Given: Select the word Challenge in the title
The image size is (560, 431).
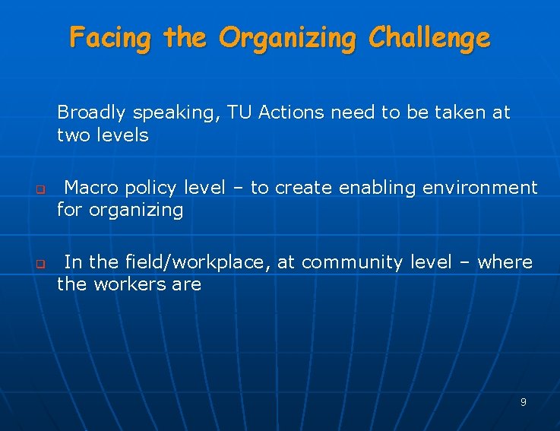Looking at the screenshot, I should [x=429, y=37].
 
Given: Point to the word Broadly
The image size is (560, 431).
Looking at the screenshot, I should [x=91, y=113].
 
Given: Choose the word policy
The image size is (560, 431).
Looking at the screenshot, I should [x=151, y=188].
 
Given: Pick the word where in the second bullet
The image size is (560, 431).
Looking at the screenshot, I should [x=505, y=262].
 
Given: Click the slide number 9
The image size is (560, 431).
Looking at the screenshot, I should [x=524, y=402].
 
